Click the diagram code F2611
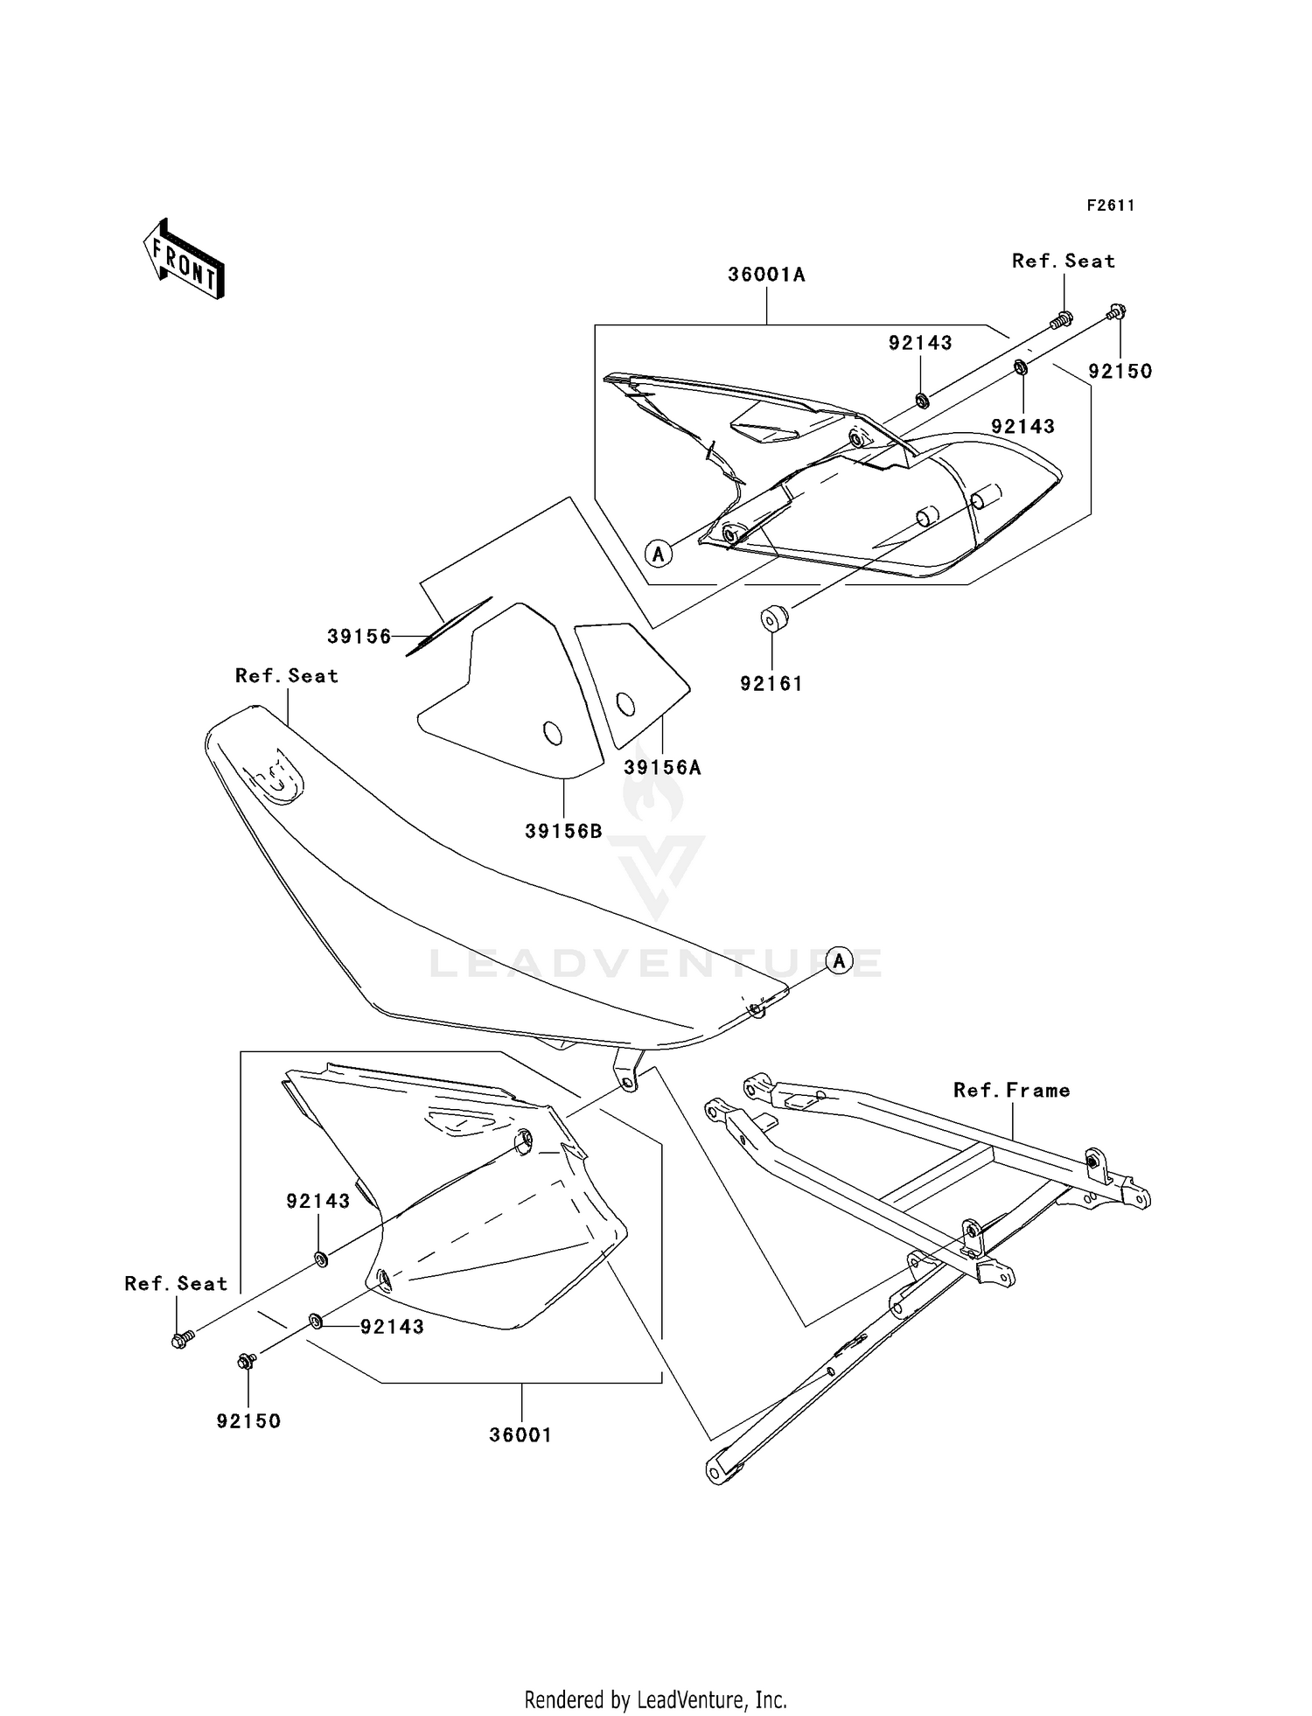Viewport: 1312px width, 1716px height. pos(1111,206)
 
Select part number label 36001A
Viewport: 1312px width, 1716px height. pos(766,275)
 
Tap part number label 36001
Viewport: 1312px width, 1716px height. pos(520,1435)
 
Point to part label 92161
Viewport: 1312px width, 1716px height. pos(771,684)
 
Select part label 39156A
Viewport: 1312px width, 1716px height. pos(662,768)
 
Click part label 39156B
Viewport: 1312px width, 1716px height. pos(563,831)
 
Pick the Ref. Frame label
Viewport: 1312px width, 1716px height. pos(1011,1090)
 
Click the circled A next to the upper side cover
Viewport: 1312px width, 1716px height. pos(659,553)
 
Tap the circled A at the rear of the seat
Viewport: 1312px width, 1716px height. pos(839,961)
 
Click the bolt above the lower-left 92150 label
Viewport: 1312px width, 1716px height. pos(247,1361)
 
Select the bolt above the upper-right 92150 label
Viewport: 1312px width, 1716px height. pos(1116,311)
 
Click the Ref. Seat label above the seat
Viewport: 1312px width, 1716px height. pos(286,675)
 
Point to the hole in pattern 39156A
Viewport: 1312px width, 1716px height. pos(625,703)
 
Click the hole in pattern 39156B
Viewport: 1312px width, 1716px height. pos(553,733)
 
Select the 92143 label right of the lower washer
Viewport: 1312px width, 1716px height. pos(392,1327)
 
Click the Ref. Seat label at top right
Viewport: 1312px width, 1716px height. pos(1063,261)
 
